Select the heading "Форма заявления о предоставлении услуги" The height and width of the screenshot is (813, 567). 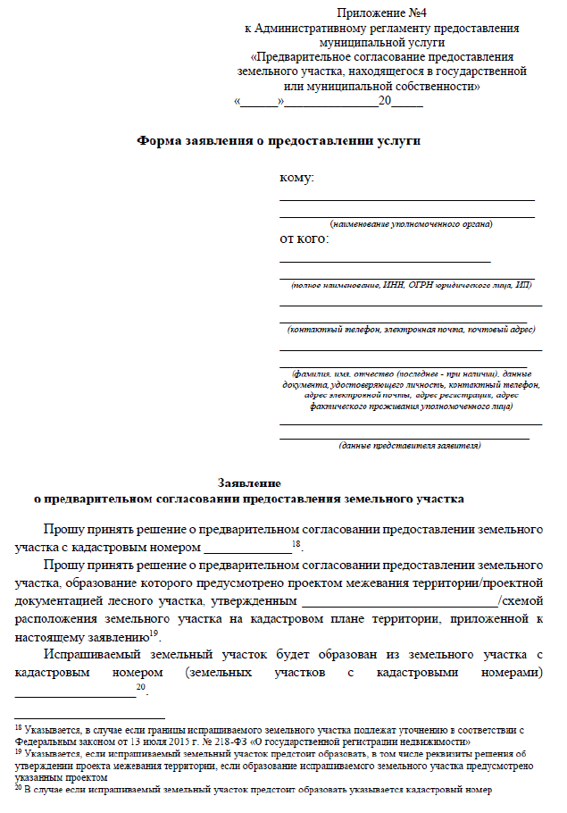pyautogui.click(x=278, y=140)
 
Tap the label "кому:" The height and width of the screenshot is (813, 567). pyautogui.click(x=297, y=178)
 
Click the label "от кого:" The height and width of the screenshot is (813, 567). pyautogui.click(x=304, y=239)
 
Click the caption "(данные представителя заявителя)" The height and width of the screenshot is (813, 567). pyautogui.click(x=410, y=444)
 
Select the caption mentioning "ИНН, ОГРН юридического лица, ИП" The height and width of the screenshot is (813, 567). pyautogui.click(x=411, y=284)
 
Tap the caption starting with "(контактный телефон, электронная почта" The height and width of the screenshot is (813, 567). pyautogui.click(x=411, y=329)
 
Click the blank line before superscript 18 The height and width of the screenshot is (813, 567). pyautogui.click(x=247, y=546)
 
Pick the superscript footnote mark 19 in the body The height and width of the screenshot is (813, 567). pyautogui.click(x=154, y=633)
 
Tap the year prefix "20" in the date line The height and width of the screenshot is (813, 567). pyautogui.click(x=385, y=101)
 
